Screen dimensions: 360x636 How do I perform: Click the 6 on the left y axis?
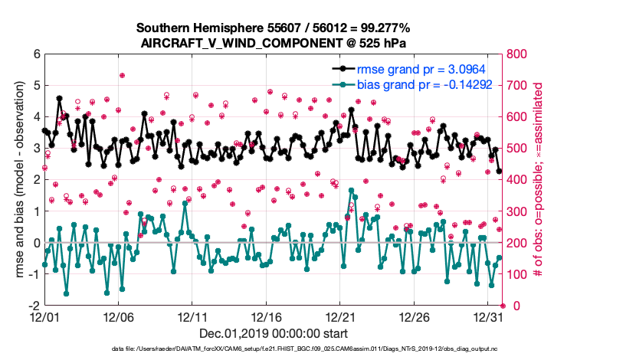click(35, 54)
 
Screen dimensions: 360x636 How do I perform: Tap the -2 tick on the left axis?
click(34, 305)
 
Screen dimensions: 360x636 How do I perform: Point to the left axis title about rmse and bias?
click(16, 180)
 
